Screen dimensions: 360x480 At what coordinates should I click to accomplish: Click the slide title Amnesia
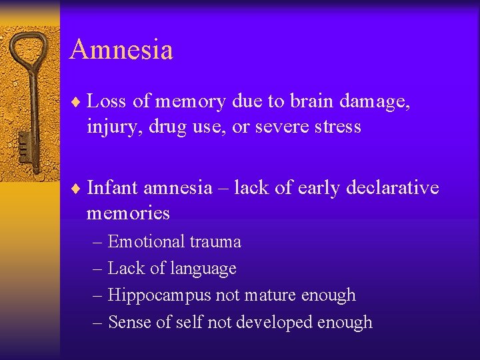click(121, 50)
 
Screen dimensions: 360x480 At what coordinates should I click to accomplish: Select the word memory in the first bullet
click(189, 102)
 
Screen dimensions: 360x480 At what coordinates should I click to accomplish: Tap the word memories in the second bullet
click(128, 213)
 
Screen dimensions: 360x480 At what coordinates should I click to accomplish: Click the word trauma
click(217, 241)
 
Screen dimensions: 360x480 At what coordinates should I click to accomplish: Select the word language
click(205, 269)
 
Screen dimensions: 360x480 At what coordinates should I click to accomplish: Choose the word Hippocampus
click(157, 295)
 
